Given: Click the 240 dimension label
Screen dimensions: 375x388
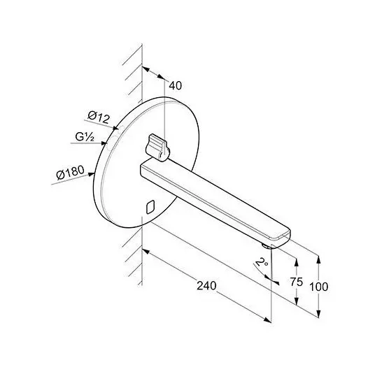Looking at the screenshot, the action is coord(206,285).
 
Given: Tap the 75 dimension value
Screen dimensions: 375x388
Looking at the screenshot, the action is coord(296,282).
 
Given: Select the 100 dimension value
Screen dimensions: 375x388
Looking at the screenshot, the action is coord(319,287).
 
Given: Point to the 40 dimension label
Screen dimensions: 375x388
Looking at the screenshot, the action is coord(176,85).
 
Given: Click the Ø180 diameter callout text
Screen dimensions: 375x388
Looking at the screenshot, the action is coord(71,172).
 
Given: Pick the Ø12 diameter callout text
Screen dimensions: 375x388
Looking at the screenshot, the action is coord(99,117).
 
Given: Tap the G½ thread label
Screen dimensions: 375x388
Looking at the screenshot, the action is coord(85,137).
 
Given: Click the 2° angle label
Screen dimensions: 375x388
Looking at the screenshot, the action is coord(262,261).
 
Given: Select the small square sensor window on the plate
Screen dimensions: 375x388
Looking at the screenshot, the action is coord(150,207).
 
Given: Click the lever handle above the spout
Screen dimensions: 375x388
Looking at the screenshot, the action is coord(157,148).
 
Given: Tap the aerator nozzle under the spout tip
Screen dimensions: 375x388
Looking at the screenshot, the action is coord(267,245).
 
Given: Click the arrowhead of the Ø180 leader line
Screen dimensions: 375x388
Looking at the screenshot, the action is coord(92,175).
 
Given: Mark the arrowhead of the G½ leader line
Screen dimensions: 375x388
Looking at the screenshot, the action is coord(104,143).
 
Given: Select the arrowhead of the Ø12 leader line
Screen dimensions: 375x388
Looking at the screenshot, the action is coord(115,128).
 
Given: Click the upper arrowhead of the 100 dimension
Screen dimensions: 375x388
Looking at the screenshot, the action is coord(318,259).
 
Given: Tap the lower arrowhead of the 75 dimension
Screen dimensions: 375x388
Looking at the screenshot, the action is coord(296,301).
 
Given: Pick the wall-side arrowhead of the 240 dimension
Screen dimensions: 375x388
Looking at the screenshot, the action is coord(146,251).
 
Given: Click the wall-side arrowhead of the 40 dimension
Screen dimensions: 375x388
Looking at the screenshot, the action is coord(146,69).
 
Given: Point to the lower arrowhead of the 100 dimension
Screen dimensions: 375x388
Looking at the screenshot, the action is coord(318,314).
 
